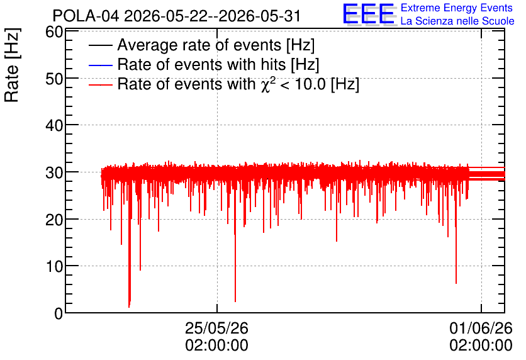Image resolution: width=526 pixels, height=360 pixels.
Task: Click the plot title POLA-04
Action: (86, 16)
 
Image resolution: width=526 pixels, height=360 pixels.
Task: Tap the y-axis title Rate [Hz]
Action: (12, 65)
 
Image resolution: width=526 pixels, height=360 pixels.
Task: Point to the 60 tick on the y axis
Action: (54, 32)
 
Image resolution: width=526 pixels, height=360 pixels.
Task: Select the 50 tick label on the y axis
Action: (54, 79)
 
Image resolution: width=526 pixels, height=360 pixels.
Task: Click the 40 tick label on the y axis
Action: (54, 126)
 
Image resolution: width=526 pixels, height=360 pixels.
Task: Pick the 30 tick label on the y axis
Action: (54, 173)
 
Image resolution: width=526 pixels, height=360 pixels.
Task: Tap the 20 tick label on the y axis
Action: (54, 220)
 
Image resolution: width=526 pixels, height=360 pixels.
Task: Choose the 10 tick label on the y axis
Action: (54, 266)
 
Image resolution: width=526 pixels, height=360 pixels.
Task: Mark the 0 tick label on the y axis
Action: (59, 313)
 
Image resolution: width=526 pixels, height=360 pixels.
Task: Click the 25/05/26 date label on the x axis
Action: (216, 328)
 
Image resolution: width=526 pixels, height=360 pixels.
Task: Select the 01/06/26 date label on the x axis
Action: (481, 328)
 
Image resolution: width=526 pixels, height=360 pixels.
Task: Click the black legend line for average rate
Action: (100, 45)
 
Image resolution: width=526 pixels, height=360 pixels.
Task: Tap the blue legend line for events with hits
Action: (100, 65)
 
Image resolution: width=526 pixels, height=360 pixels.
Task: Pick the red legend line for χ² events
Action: (100, 84)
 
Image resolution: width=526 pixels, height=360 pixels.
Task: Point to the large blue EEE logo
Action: (369, 14)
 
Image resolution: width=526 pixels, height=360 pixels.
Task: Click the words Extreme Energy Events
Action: (457, 8)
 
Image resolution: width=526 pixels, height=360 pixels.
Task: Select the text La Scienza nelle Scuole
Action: (457, 21)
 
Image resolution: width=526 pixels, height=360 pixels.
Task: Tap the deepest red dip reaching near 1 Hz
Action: (129, 305)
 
